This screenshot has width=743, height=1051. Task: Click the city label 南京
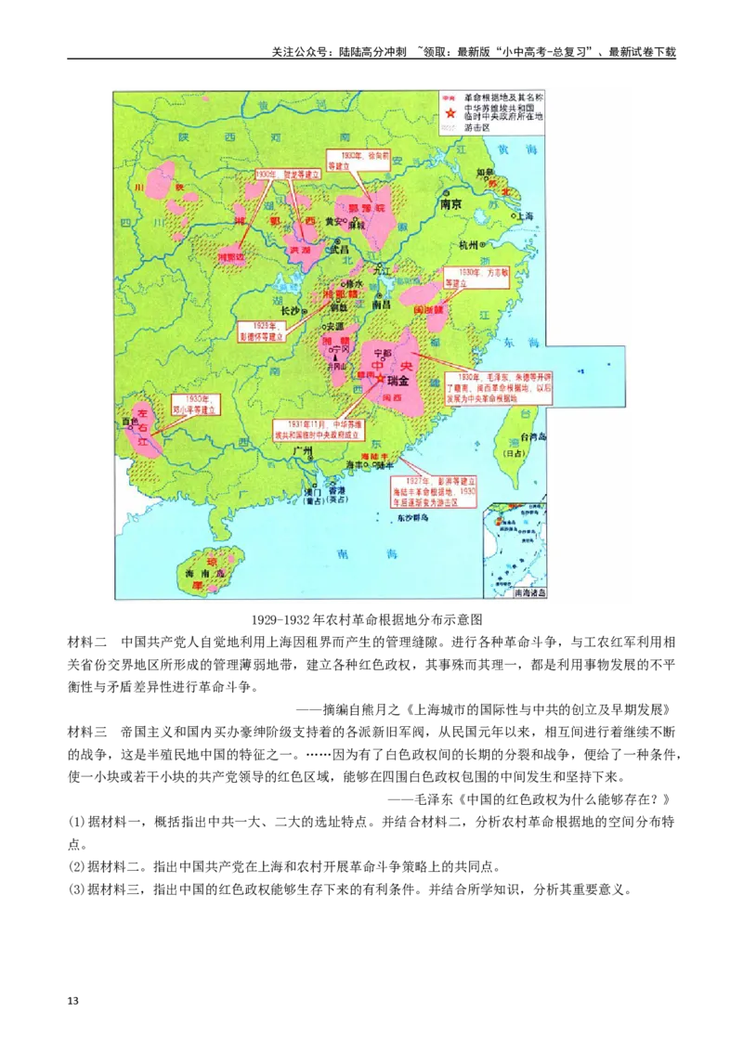click(x=451, y=203)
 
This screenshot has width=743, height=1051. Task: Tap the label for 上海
click(x=525, y=215)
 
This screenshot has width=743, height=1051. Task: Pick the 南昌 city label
click(x=382, y=304)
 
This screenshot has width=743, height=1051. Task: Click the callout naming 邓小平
click(x=197, y=406)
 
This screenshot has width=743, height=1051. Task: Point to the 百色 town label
click(x=129, y=422)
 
